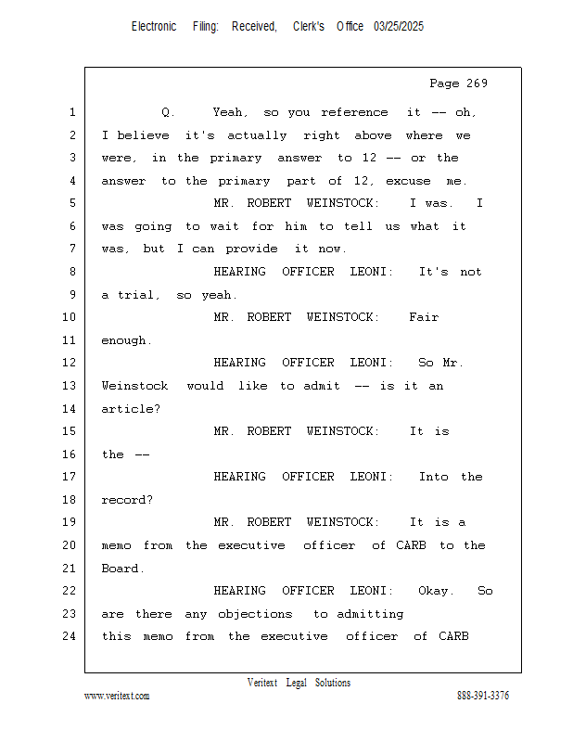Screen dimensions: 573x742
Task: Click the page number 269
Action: [477, 83]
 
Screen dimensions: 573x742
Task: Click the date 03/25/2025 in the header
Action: [399, 27]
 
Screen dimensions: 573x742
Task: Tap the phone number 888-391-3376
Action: [483, 696]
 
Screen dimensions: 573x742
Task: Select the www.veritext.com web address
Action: [117, 696]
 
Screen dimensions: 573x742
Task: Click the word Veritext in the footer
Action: [262, 683]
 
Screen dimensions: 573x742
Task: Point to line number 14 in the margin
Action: [70, 408]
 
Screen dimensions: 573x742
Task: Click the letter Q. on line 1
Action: [168, 112]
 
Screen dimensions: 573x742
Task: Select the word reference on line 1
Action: [354, 112]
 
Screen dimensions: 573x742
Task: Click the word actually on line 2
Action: [257, 135]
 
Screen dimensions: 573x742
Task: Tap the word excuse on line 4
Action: [408, 181]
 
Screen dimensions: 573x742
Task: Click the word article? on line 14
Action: [131, 409]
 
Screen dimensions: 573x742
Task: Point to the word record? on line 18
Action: [127, 500]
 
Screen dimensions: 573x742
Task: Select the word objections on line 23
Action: [255, 614]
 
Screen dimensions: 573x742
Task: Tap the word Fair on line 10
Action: [424, 317]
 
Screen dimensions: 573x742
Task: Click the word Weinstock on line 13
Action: [134, 386]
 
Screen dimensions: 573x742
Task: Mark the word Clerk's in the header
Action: [309, 27]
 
